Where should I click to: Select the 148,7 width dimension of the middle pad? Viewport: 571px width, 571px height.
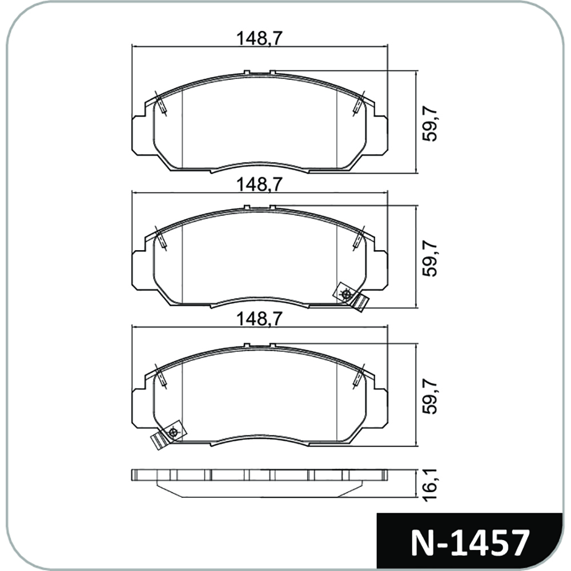pos(260,184)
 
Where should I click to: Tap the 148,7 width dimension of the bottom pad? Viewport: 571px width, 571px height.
pos(260,319)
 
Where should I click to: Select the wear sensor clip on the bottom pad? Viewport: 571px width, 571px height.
pos(167,434)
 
